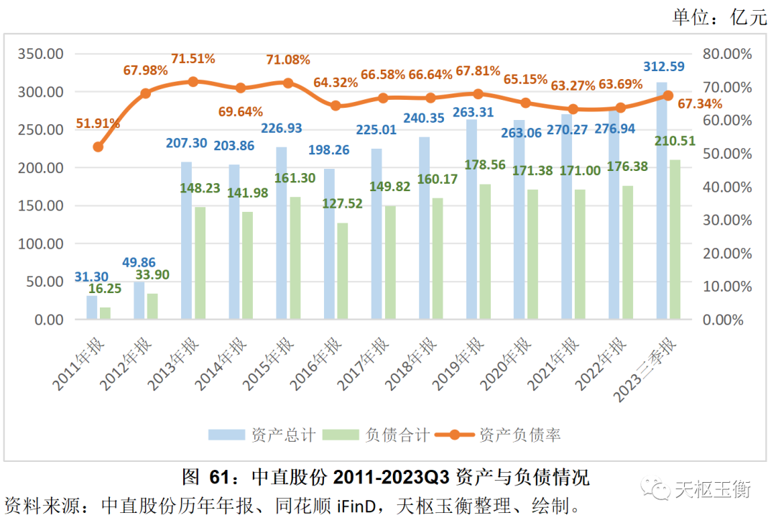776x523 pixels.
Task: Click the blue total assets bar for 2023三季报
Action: [x=662, y=201]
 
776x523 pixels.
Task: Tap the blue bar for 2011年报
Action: [x=91, y=307]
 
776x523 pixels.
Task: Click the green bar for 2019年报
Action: [x=486, y=252]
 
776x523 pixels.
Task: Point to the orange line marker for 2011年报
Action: [x=98, y=147]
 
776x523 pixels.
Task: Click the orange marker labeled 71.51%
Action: [x=193, y=82]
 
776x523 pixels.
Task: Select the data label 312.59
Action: [x=663, y=67]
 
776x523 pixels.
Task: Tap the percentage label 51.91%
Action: [x=97, y=123]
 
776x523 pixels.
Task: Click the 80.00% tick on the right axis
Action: [x=727, y=54]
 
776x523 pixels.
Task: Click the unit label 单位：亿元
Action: [x=719, y=18]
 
